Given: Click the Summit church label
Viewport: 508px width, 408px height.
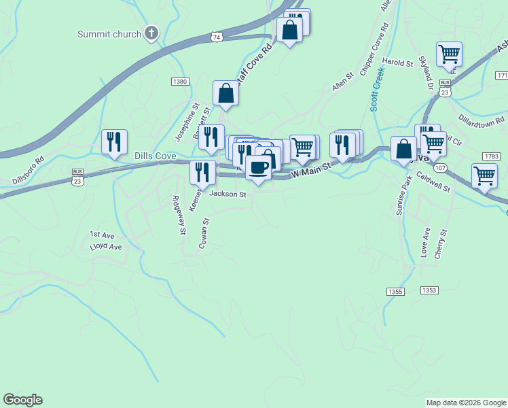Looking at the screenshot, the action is [109, 34].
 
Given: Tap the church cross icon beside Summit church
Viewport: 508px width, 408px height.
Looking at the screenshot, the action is [151, 33].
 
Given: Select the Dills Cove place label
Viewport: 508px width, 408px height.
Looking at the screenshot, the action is [156, 156].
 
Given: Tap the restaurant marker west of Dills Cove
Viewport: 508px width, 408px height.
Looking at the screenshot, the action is [113, 142].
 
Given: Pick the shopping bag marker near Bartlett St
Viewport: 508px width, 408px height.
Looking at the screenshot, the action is [225, 94].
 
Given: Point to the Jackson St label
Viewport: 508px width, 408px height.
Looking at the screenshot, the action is [228, 194].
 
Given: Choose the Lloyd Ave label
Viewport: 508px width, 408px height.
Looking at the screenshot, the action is [105, 247].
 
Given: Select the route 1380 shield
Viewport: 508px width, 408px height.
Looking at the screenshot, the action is [179, 82].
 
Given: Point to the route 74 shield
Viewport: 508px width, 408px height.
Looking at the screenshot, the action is [216, 37].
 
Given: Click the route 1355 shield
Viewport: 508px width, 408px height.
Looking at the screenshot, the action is [395, 291].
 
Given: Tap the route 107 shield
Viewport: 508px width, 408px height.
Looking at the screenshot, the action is [440, 168].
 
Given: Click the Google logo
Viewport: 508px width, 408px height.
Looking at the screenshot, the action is [22, 400].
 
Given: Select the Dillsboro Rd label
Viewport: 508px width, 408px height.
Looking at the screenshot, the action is [28, 171].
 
